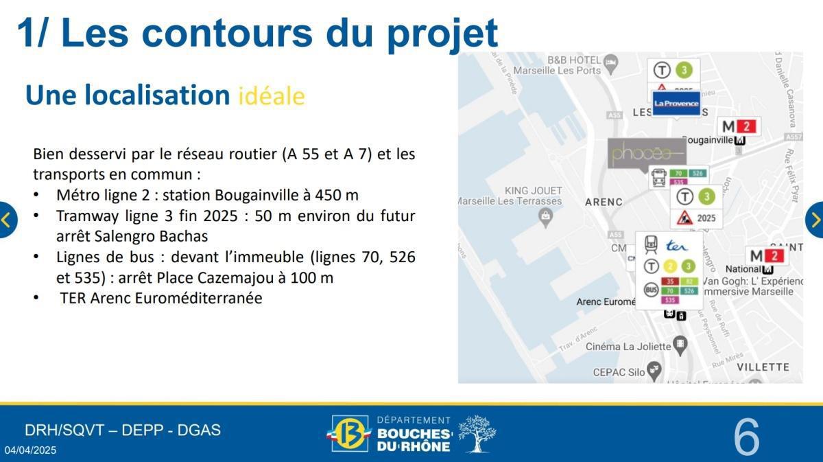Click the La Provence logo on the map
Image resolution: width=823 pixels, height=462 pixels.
coord(676,104)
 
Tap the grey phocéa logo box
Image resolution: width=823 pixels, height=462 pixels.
coord(647,153)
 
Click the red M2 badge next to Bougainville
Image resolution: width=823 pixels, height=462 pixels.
coord(739,126)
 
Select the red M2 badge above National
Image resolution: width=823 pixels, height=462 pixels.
coord(766,256)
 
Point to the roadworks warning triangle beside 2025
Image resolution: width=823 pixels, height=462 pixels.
coord(684,219)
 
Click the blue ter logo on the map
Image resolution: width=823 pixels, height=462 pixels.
coord(676,245)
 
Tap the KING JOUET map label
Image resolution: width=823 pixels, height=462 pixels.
coord(533,190)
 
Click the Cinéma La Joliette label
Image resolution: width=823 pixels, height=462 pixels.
coord(628,347)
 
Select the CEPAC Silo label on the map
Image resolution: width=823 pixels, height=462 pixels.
coord(619,372)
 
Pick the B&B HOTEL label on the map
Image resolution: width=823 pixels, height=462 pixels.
coord(574,60)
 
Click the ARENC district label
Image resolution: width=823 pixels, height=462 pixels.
coord(604,202)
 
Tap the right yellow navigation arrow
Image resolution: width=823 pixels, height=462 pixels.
coord(815,220)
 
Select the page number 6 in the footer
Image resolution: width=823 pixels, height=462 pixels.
coord(746,437)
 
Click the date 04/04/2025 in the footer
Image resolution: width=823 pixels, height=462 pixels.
coord(31,450)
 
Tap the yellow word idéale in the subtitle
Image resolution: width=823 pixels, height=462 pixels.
coord(271,96)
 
